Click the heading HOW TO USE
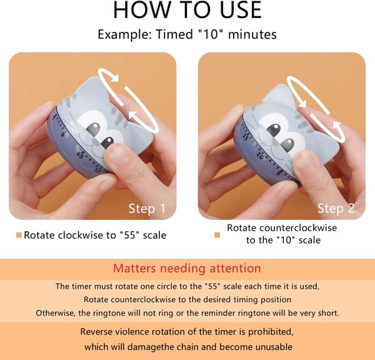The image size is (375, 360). [x=187, y=10]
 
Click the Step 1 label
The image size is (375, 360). [x=147, y=209]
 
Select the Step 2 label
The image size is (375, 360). [x=336, y=208]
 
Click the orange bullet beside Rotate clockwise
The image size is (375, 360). [x=19, y=235]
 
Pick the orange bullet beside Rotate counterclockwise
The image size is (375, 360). [x=217, y=235]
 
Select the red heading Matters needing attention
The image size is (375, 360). [x=187, y=268]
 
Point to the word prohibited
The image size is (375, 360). [x=271, y=332]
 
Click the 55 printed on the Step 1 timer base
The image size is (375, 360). [x=80, y=154]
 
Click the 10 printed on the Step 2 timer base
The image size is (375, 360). [x=260, y=154]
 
